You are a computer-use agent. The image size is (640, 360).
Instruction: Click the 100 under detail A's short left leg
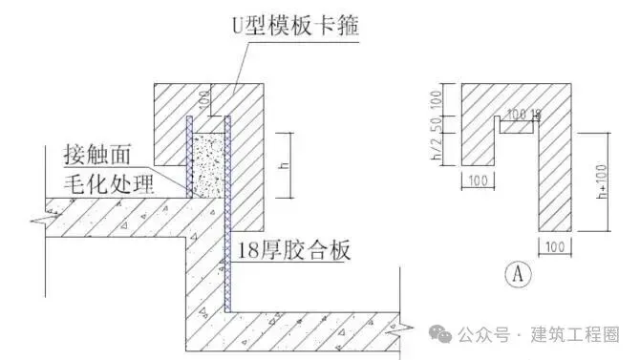478,179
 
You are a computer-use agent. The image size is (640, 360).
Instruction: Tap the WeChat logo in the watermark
440,333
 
